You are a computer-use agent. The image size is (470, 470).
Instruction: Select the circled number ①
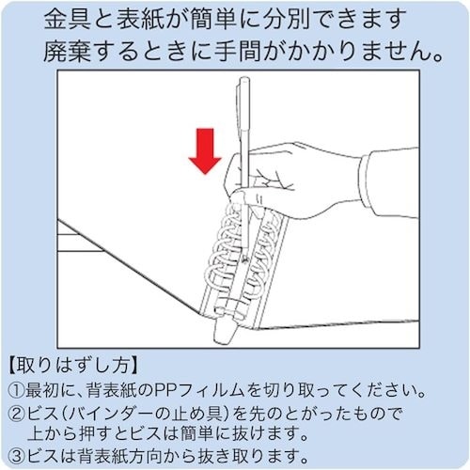[x=18, y=388]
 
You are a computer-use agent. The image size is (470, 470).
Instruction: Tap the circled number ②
[x=18, y=411]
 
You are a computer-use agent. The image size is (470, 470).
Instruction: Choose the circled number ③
[x=18, y=454]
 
